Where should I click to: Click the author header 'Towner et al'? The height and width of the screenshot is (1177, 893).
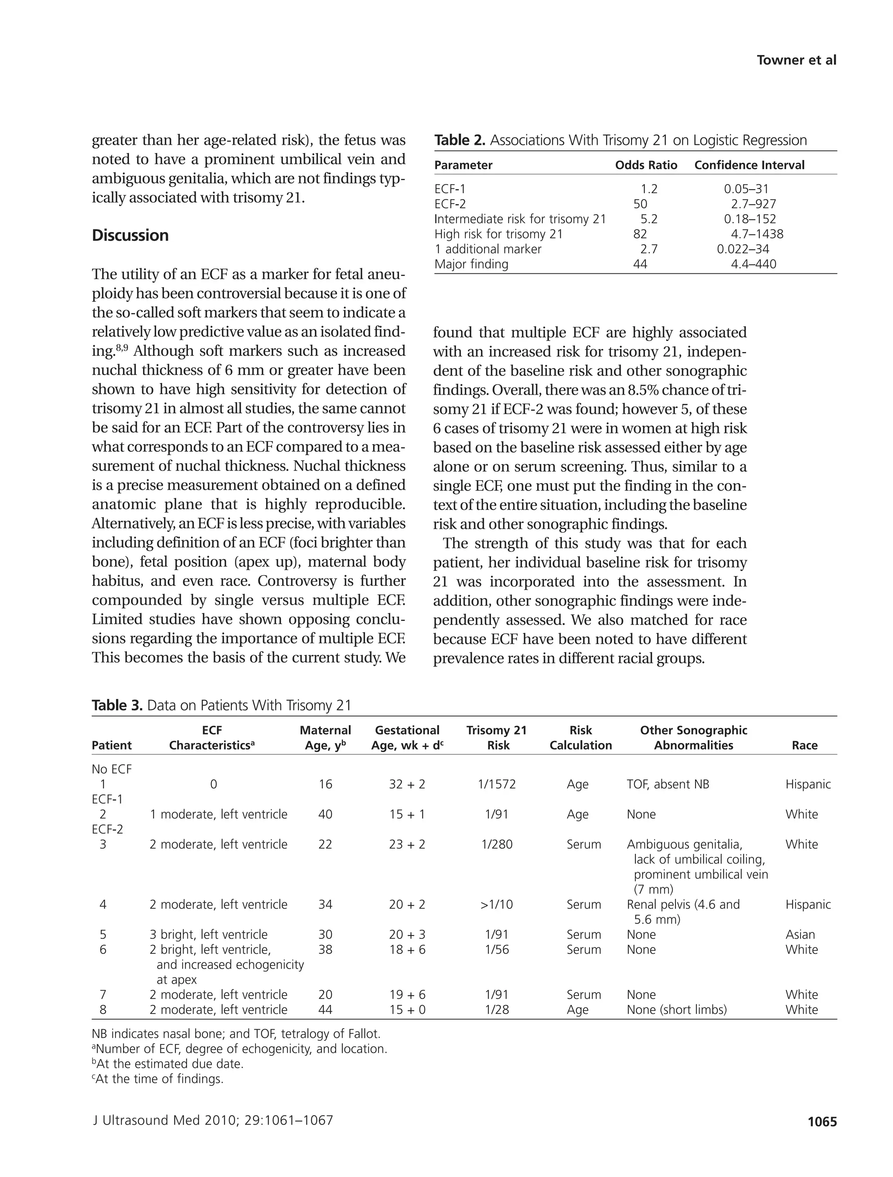(796, 60)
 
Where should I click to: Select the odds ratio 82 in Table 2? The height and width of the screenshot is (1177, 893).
(640, 234)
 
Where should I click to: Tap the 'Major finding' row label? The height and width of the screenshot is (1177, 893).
(471, 264)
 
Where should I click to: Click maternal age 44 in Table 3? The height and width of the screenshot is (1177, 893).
(325, 1010)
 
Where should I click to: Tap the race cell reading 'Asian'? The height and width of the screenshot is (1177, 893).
(800, 935)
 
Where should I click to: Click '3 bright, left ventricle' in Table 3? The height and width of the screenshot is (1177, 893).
(208, 935)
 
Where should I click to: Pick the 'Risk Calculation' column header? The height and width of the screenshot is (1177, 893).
(581, 737)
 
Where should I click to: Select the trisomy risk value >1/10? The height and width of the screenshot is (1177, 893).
(496, 904)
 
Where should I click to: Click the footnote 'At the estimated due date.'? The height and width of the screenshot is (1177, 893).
(168, 1064)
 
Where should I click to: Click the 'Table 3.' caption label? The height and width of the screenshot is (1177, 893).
(116, 705)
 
